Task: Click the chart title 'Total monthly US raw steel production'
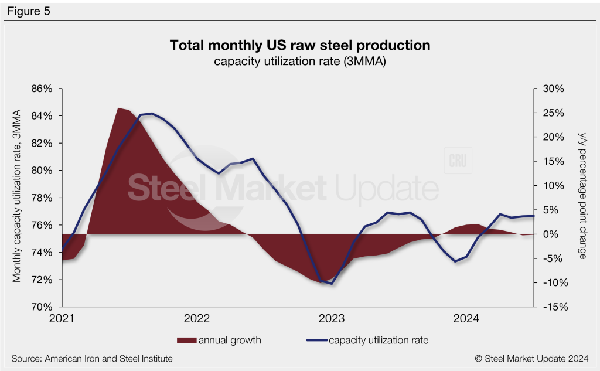tap(299, 45)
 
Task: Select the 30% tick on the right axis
tap(553, 89)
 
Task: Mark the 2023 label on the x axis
tap(331, 319)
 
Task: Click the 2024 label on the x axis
tap(466, 319)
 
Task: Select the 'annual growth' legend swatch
tap(186, 340)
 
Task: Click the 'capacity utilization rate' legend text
tap(379, 340)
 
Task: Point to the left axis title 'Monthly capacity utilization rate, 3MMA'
tap(18, 195)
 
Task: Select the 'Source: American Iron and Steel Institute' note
tap(92, 358)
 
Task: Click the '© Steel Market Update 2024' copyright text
tap(535, 358)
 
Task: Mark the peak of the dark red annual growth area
tap(118, 108)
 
